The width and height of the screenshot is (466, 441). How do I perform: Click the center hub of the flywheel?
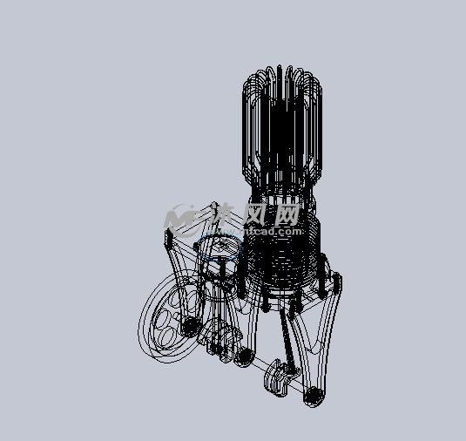188,327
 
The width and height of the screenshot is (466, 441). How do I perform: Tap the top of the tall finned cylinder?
281,73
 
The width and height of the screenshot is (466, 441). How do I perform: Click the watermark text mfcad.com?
272,232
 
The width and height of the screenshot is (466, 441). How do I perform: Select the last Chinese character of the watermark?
287,213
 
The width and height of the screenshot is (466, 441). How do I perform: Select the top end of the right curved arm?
335,280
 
